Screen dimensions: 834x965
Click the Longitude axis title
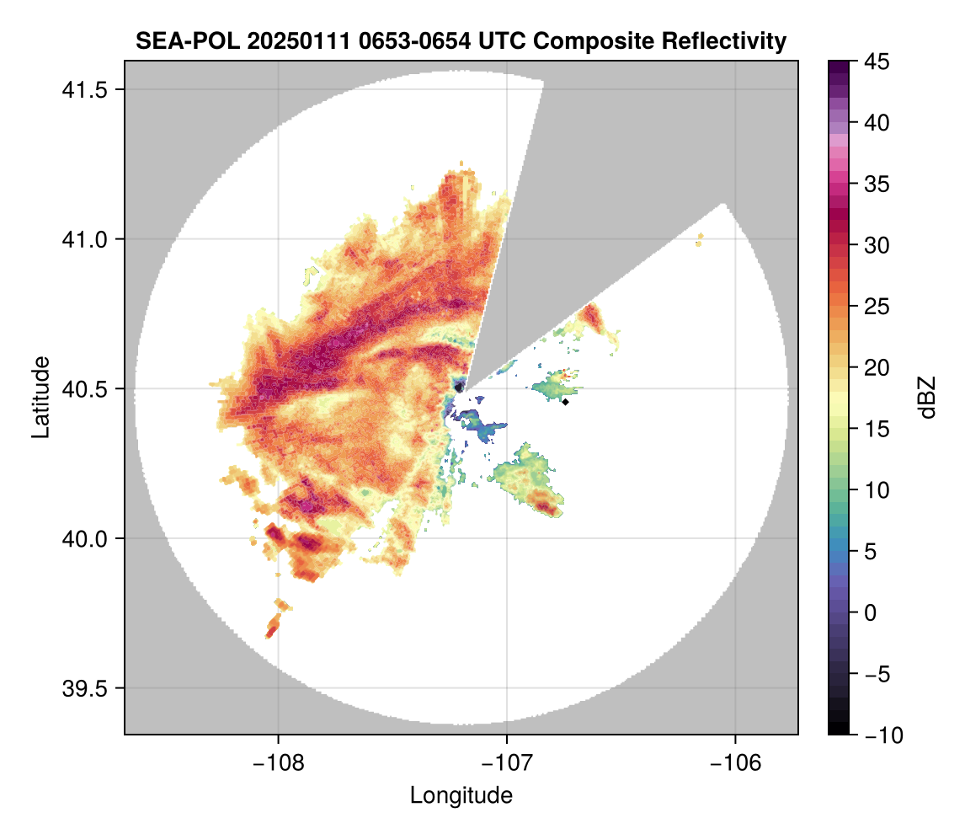pos(461,795)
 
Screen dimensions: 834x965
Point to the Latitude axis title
pos(40,397)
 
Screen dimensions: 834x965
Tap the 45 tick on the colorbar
pos(876,61)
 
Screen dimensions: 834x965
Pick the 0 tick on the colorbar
pos(872,612)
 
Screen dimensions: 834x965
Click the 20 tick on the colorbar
pos(876,368)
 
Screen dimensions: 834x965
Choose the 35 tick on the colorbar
pos(876,184)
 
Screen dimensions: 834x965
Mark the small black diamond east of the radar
pos(566,402)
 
